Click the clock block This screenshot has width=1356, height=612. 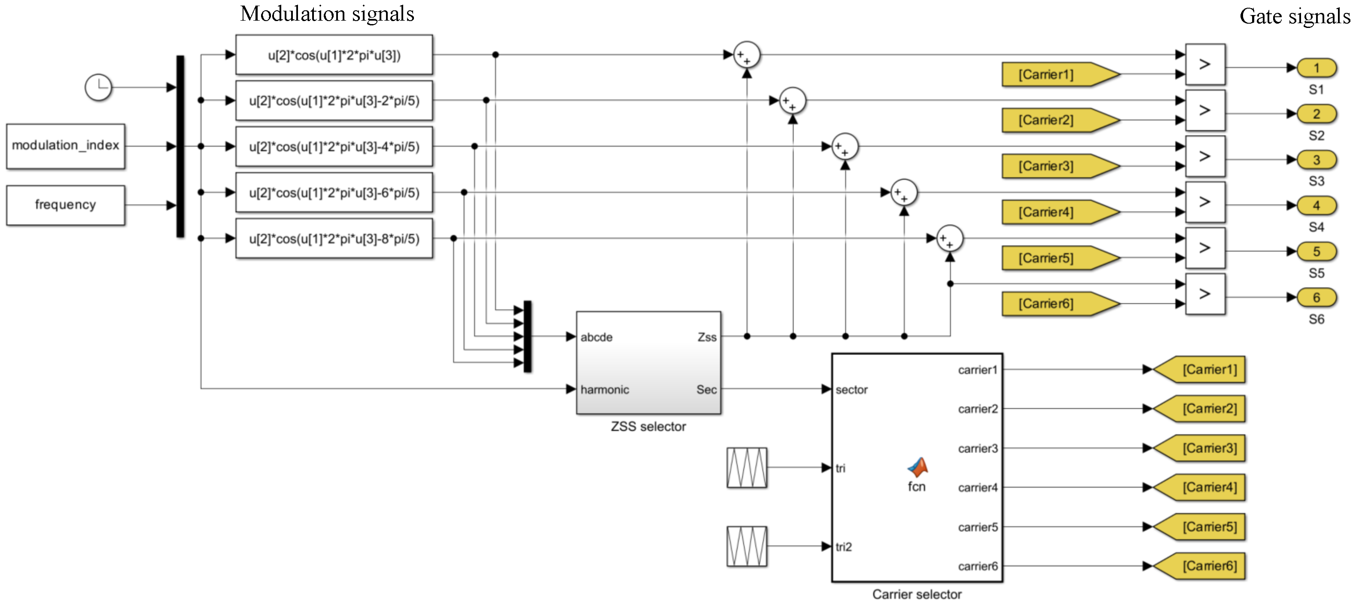tap(98, 87)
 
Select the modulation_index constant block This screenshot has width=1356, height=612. tap(66, 146)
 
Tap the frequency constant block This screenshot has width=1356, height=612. tap(66, 205)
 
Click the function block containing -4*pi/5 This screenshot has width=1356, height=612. tap(334, 147)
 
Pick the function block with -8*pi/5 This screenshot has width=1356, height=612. tap(334, 239)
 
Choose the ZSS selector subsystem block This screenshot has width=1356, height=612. tap(648, 363)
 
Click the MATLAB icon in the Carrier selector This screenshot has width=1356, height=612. tap(918, 466)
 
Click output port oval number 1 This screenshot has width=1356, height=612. tap(1316, 68)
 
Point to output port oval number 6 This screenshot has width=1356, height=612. tap(1316, 297)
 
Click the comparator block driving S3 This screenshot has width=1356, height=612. tap(1205, 156)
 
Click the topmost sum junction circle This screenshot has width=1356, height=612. tap(746, 55)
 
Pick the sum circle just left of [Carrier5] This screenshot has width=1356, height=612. tap(950, 239)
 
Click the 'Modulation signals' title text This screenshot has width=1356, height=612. tap(327, 14)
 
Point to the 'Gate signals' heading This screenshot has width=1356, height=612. tap(1295, 16)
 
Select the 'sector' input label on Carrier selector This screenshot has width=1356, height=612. tap(851, 390)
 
